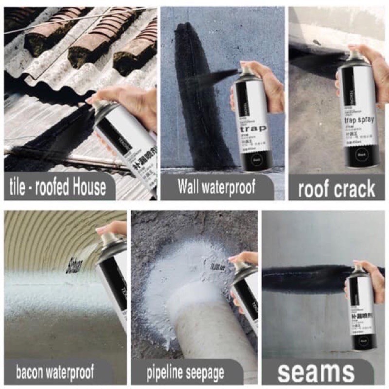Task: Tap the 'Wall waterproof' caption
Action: tap(216, 187)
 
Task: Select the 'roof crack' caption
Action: tap(336, 189)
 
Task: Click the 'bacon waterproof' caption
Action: tap(55, 373)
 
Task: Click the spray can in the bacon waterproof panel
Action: tap(113, 282)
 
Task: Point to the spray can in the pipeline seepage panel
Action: tap(245, 292)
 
